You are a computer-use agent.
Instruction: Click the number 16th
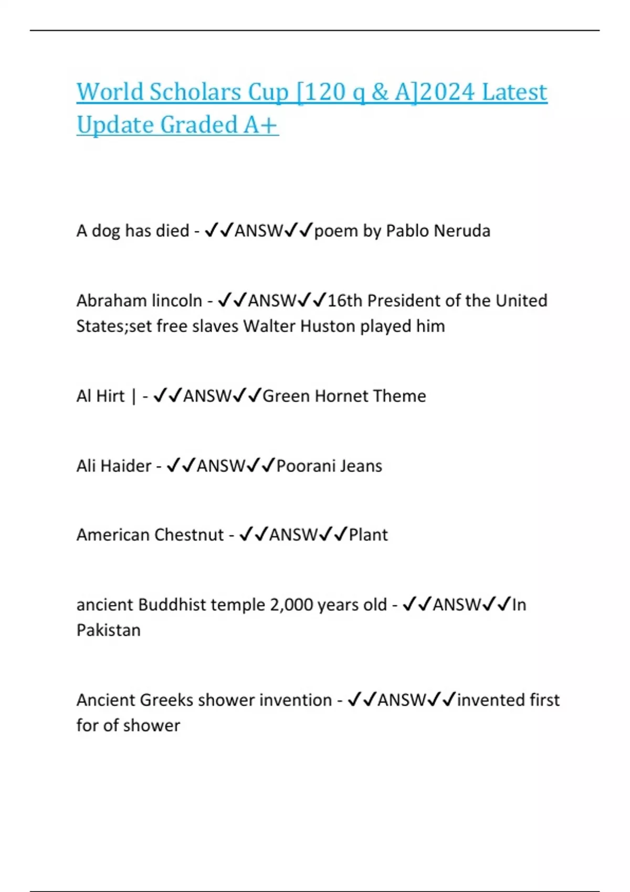point(345,301)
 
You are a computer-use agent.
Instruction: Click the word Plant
point(368,535)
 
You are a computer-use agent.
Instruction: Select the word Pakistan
point(108,630)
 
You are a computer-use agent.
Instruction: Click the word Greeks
point(167,700)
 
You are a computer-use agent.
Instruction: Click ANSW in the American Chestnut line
point(293,535)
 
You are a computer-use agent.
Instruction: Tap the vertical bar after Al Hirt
point(133,397)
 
